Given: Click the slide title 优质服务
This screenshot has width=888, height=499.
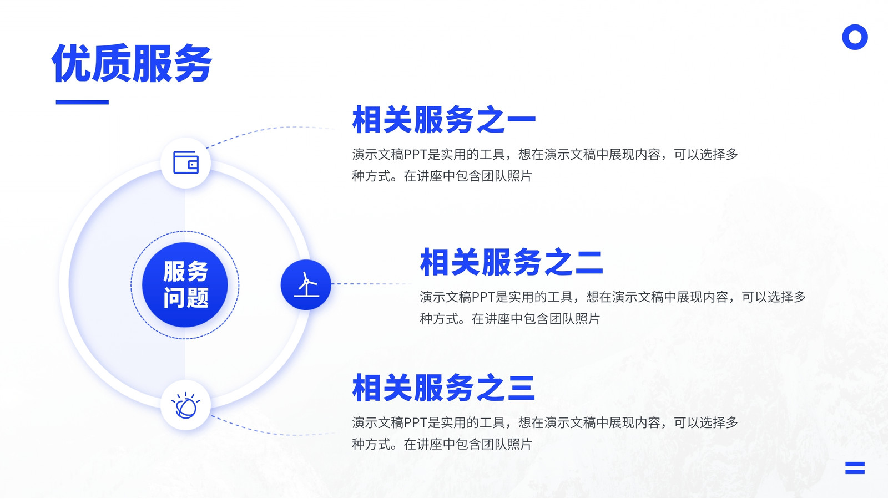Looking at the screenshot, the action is [x=132, y=63].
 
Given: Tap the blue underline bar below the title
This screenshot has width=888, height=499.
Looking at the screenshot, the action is [x=82, y=102].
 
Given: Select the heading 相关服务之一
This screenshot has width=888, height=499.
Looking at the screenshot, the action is [x=444, y=119].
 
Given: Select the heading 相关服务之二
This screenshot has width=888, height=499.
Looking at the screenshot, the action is [x=511, y=262].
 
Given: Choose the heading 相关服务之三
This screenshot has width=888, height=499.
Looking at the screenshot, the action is [x=444, y=388].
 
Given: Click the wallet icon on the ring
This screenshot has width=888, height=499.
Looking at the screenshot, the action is [x=185, y=162].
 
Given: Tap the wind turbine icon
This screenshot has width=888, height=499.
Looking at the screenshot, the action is [x=306, y=284].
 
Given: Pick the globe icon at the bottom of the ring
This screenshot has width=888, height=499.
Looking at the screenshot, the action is [x=185, y=405].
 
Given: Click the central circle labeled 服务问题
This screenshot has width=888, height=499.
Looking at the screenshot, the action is [x=185, y=285].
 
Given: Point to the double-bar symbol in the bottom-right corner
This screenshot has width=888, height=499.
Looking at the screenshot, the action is [x=855, y=468].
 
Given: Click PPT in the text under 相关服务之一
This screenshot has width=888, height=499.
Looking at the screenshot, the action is [x=416, y=155].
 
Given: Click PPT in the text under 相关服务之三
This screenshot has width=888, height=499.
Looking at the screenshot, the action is [x=416, y=423].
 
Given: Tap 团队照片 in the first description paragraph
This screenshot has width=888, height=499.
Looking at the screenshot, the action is [x=506, y=176].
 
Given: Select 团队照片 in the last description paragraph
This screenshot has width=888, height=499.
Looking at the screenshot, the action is [x=506, y=444].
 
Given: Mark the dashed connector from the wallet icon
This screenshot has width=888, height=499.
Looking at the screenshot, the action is [x=270, y=131].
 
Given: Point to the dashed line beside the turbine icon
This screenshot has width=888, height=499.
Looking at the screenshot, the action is [x=371, y=283].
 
